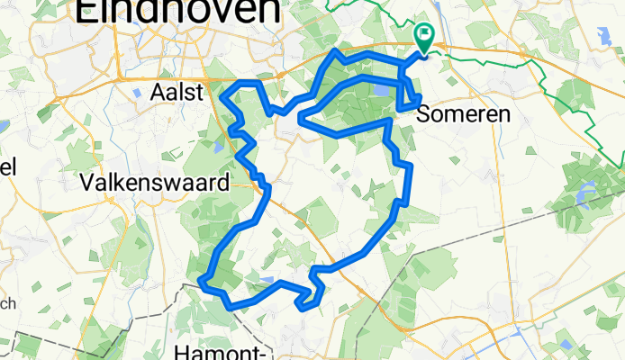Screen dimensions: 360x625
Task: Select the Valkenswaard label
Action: coord(154,183)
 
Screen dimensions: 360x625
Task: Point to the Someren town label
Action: coord(465,115)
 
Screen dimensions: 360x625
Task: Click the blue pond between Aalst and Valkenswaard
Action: coord(219,143)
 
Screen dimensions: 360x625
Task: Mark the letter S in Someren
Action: coord(425,115)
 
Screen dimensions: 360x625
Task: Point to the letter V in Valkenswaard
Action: coord(87,183)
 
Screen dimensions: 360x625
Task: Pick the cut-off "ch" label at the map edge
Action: coord(5,304)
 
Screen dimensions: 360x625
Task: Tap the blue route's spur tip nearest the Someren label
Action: coord(419,98)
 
